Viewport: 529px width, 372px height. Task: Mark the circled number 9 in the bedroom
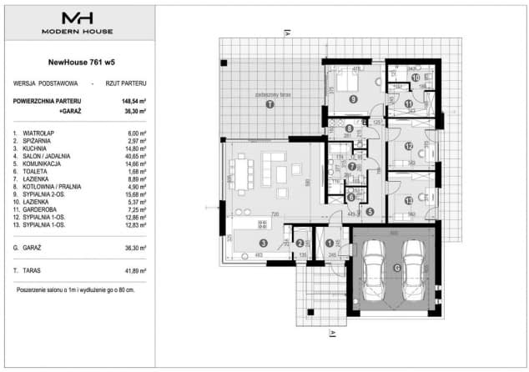pos(354,99)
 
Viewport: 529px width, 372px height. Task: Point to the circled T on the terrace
pos(269,106)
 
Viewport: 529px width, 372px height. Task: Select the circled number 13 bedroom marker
pos(408,200)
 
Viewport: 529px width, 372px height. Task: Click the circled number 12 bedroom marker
pos(409,147)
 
